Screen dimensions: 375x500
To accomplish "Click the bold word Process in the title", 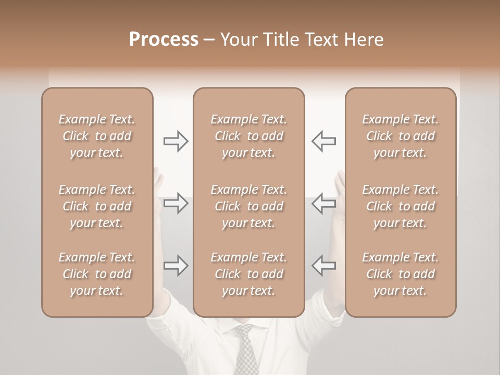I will (x=164, y=40).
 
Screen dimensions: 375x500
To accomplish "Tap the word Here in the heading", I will (x=363, y=40).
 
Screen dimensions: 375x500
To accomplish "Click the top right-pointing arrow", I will (x=176, y=141).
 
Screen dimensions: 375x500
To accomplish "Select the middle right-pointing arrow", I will (x=176, y=203).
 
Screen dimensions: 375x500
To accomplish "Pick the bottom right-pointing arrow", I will (x=176, y=266).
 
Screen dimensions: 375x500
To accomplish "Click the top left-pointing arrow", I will (x=323, y=141).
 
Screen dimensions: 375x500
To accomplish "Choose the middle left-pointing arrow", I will (x=323, y=203).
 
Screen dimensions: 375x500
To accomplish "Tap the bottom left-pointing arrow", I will (x=323, y=266).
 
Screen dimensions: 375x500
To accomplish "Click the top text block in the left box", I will (x=97, y=136).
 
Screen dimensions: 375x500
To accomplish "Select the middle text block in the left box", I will (x=97, y=206).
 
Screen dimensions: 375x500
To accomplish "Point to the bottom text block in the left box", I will (x=97, y=274).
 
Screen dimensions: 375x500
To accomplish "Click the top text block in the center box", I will (x=248, y=136).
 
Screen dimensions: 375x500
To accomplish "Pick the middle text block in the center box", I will (x=248, y=206).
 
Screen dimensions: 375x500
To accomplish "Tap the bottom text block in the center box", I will (x=248, y=274).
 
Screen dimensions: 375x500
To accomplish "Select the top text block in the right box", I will (x=400, y=136).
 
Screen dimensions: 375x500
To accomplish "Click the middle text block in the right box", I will (x=400, y=206).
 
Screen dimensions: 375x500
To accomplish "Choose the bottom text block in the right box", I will (x=400, y=274).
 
